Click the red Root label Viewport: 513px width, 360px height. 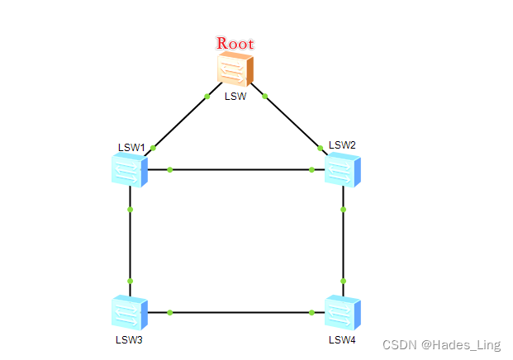point(235,43)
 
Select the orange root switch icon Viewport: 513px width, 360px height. point(235,69)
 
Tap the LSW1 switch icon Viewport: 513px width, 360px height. point(129,171)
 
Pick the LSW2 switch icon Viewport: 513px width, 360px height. point(343,170)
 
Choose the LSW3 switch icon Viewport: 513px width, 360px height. point(129,313)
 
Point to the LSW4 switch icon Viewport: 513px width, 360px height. point(343,313)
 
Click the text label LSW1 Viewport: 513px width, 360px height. point(131,148)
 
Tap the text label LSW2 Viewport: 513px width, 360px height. point(342,145)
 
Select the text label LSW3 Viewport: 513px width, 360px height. point(129,339)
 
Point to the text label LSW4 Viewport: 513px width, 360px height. point(342,339)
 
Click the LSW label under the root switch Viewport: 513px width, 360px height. point(235,96)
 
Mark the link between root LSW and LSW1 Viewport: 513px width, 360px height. point(180,121)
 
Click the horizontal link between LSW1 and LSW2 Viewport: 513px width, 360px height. point(240,170)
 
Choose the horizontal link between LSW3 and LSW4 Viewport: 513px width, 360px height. point(240,312)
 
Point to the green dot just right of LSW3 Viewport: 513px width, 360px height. point(169,312)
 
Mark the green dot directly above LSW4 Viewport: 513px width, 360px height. point(343,282)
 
